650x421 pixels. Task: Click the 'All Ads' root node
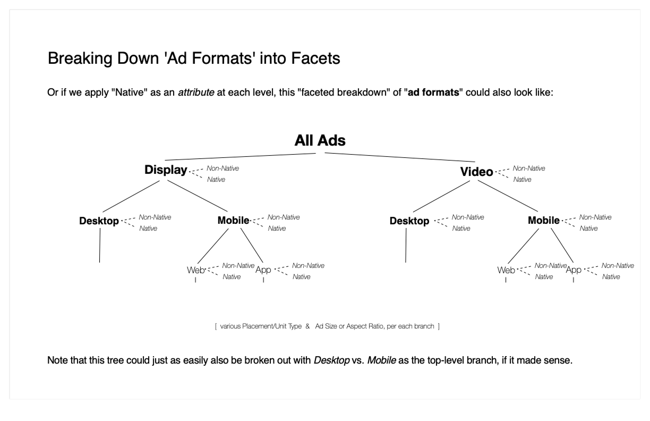(x=320, y=141)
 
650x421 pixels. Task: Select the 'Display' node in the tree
(x=166, y=170)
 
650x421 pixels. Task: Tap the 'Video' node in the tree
(x=476, y=172)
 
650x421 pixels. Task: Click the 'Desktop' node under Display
(x=99, y=221)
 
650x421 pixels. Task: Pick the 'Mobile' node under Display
(x=233, y=221)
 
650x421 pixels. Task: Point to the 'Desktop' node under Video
(x=409, y=221)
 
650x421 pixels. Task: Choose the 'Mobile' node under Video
(x=543, y=221)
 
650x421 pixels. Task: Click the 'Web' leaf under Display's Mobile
(x=195, y=270)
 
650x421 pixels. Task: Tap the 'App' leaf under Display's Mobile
(x=263, y=270)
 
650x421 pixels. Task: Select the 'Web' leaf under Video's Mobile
(x=506, y=270)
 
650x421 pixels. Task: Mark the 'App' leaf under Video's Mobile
(x=574, y=270)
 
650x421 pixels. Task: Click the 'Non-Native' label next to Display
(x=223, y=169)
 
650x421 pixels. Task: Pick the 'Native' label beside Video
(x=522, y=180)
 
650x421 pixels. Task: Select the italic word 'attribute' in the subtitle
(x=196, y=94)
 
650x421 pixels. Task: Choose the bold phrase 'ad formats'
(x=433, y=94)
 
